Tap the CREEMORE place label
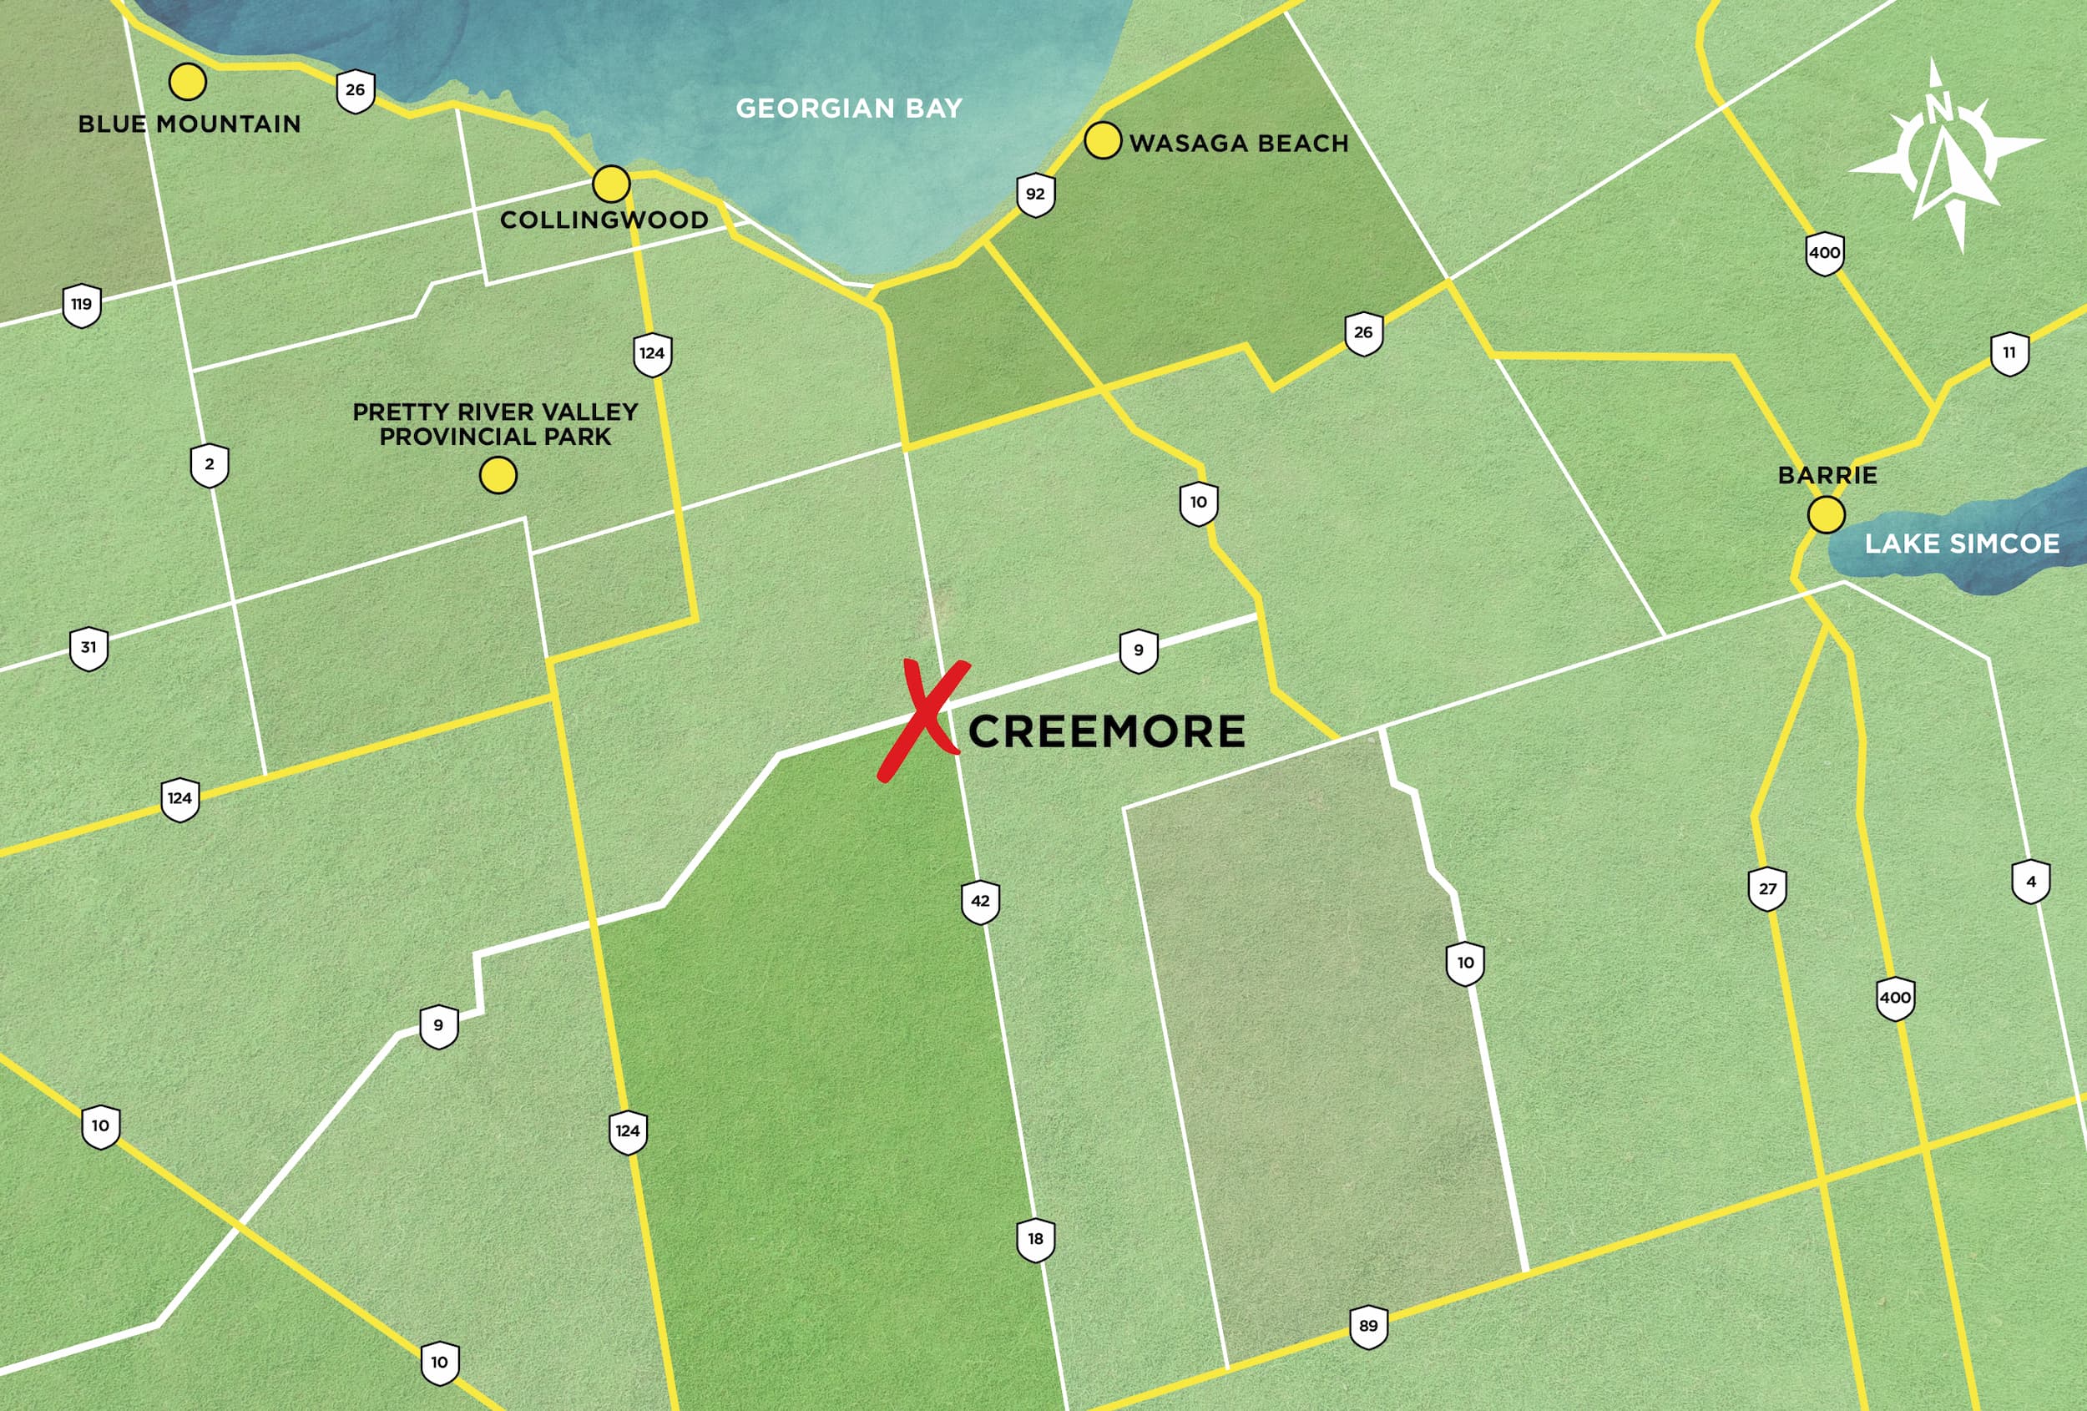[1106, 732]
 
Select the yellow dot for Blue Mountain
[188, 82]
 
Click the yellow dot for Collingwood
[610, 185]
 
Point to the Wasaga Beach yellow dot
[1102, 140]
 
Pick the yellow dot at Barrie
[1826, 515]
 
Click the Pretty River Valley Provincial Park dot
[498, 475]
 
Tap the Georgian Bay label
[849, 109]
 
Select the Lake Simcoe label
[1962, 544]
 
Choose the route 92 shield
[1035, 195]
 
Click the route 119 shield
[82, 306]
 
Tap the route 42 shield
[980, 902]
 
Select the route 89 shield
[1368, 1327]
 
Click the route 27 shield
[1767, 889]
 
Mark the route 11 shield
[2009, 354]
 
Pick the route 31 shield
[88, 649]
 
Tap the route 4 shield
[2030, 882]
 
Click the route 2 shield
[210, 465]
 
